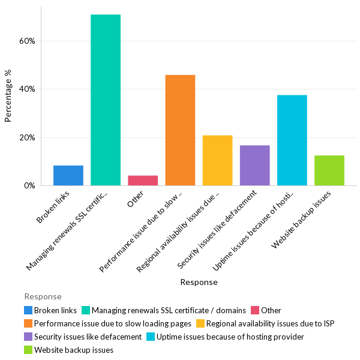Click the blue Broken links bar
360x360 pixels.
click(x=68, y=175)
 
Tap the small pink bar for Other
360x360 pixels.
click(x=143, y=180)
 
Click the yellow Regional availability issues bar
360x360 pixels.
click(x=217, y=160)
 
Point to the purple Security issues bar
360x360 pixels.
click(x=254, y=165)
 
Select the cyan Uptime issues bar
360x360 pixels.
click(x=292, y=140)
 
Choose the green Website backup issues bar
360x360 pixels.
click(x=329, y=170)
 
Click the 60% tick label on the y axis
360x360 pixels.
click(x=28, y=41)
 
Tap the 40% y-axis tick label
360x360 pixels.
click(x=28, y=89)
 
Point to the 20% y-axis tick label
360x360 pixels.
click(x=28, y=137)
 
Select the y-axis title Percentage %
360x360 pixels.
click(x=8, y=96)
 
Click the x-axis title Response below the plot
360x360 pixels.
click(x=199, y=282)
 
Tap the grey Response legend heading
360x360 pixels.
click(x=43, y=296)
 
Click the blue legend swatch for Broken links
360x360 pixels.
click(x=28, y=310)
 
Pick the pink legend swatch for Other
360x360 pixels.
click(x=255, y=310)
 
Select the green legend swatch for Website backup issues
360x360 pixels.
click(x=28, y=350)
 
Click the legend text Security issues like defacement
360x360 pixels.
click(x=88, y=337)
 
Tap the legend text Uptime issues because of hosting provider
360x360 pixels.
click(x=230, y=337)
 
